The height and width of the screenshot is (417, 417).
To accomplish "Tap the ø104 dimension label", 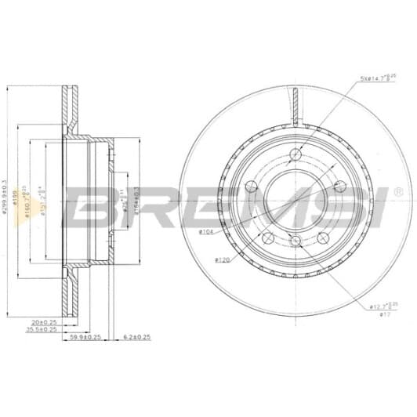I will click(x=208, y=232).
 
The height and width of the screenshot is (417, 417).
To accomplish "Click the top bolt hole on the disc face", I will click(x=295, y=154).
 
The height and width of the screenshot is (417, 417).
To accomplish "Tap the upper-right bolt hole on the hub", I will click(x=339, y=186).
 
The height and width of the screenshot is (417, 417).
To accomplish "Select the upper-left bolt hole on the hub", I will click(x=252, y=187).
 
